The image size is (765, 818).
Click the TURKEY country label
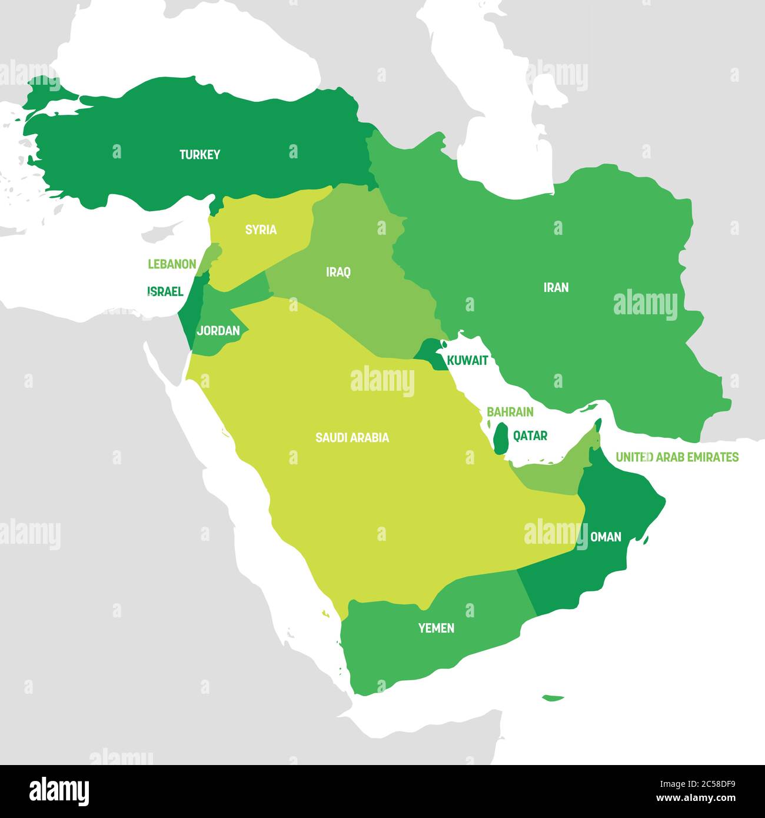click(x=199, y=155)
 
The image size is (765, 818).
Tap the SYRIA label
click(x=261, y=230)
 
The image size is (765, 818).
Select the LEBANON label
click(x=172, y=264)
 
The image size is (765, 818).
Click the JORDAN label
click(x=218, y=331)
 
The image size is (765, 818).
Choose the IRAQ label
click(x=338, y=272)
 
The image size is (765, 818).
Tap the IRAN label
click(x=556, y=287)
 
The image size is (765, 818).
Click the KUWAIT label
click(x=467, y=361)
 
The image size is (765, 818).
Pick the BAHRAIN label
click(x=510, y=412)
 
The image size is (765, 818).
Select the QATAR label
click(x=530, y=436)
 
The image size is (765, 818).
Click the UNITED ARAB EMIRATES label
click(x=677, y=457)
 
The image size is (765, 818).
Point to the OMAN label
click(x=606, y=537)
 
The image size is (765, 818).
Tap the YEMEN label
click(x=436, y=629)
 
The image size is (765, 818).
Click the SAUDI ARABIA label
click(x=352, y=438)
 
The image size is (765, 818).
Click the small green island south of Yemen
click(x=553, y=699)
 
